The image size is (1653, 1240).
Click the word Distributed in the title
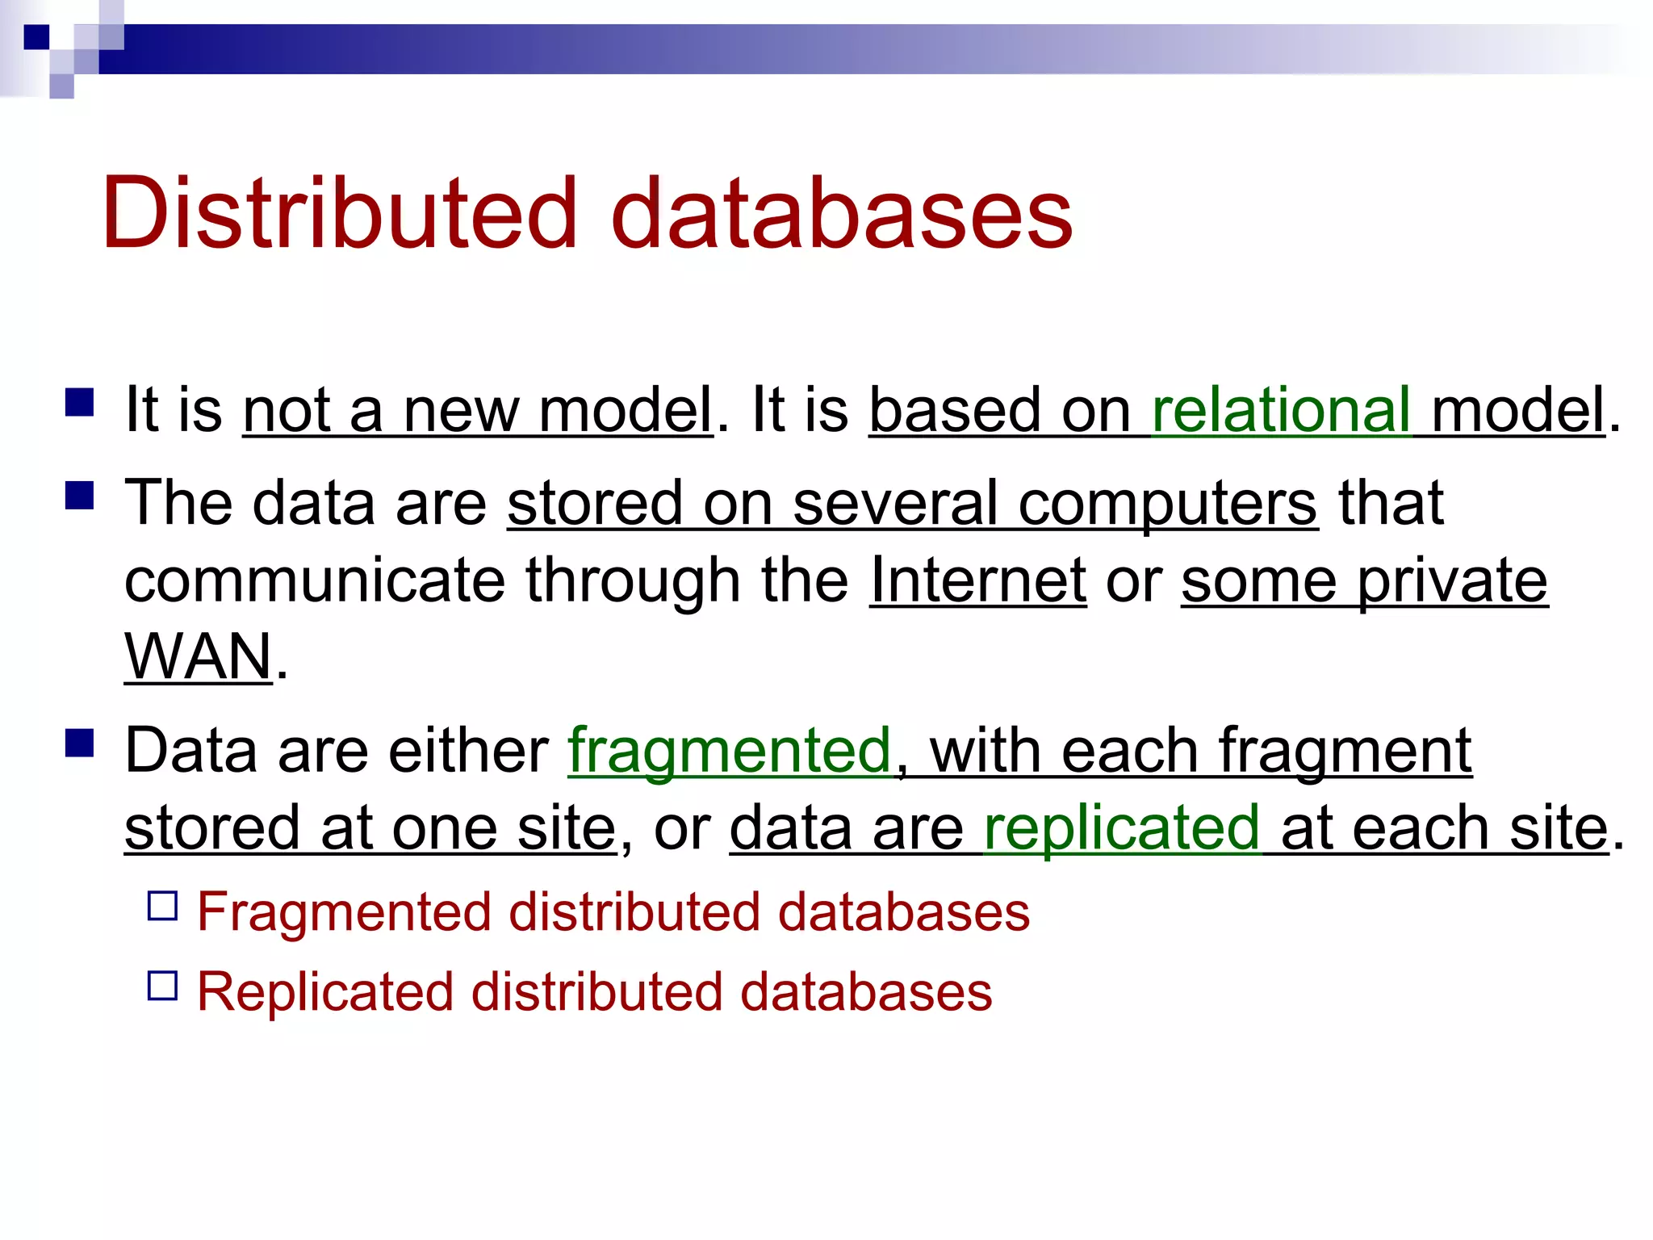click(339, 214)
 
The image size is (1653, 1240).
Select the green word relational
click(1281, 410)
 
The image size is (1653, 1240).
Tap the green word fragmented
click(730, 751)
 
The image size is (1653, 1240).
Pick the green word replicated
click(1121, 828)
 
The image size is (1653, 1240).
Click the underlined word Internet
click(978, 580)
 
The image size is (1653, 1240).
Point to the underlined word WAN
click(199, 657)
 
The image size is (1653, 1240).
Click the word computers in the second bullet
click(1168, 504)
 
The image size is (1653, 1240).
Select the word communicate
click(315, 580)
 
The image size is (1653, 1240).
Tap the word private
click(1452, 580)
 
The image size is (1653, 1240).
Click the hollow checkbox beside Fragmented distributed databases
click(162, 906)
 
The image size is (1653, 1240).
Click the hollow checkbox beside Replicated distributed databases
click(162, 986)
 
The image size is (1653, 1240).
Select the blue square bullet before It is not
click(80, 402)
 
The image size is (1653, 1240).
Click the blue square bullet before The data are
click(80, 495)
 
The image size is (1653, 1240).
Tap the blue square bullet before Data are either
click(80, 743)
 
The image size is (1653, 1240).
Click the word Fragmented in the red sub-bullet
click(344, 912)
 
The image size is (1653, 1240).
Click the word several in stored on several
click(895, 504)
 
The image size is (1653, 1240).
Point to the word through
click(633, 580)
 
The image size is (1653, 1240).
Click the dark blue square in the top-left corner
click(36, 37)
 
